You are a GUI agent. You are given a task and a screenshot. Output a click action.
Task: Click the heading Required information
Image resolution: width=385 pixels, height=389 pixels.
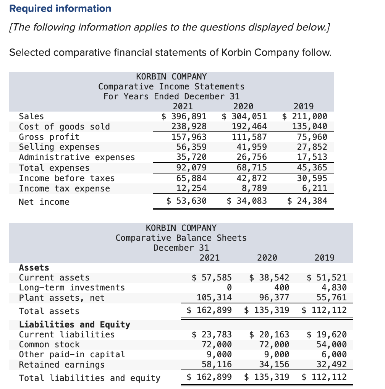(60, 8)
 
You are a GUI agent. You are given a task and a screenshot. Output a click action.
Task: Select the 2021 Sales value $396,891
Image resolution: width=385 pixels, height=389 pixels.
(184, 116)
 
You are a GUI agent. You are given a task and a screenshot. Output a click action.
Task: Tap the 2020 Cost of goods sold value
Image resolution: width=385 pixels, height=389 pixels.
(249, 126)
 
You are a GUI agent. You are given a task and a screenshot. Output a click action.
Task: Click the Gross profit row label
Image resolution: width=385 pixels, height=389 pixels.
(49, 137)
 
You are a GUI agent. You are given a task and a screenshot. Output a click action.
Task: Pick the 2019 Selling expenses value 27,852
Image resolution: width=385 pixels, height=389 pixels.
(312, 147)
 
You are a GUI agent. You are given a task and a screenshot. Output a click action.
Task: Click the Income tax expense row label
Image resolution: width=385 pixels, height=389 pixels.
(65, 188)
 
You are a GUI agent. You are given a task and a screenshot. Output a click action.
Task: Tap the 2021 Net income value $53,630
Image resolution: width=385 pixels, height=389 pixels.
(187, 201)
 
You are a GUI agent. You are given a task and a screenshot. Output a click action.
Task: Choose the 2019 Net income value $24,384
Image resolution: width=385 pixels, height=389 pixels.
(307, 201)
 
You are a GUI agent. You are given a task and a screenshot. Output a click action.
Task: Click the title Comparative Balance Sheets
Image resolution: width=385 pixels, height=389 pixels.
(181, 238)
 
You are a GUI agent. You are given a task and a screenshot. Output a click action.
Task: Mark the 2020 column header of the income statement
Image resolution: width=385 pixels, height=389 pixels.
(243, 106)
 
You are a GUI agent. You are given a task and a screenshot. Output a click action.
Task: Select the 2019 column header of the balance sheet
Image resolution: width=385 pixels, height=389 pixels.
(324, 258)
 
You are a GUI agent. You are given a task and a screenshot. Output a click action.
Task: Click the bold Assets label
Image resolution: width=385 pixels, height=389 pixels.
(34, 267)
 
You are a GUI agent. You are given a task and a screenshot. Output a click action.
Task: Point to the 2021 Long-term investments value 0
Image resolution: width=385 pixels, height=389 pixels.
(229, 287)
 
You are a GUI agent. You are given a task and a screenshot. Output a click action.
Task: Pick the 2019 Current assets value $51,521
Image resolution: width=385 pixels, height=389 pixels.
(327, 277)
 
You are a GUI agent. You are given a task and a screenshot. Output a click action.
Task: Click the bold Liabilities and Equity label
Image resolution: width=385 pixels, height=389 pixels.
(74, 324)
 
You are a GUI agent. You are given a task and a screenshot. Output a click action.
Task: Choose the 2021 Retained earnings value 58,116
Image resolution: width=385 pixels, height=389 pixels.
(217, 365)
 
